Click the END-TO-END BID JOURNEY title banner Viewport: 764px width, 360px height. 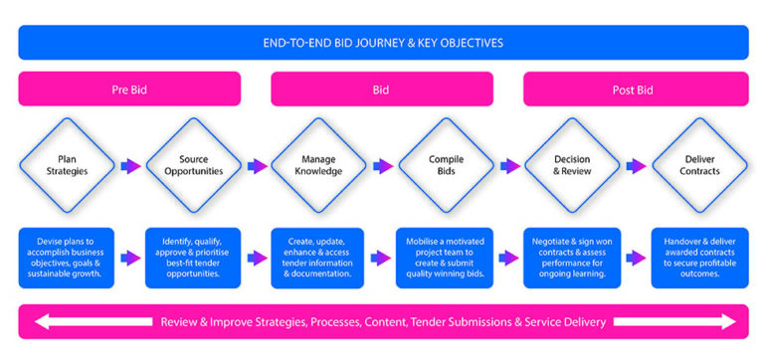[x=383, y=43]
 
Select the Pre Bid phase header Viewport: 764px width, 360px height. [x=129, y=90]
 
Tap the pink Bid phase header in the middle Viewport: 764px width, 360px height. [x=383, y=90]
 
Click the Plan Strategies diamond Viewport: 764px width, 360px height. [x=67, y=167]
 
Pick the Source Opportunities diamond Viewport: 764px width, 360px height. [x=193, y=167]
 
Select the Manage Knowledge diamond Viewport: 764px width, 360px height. [x=319, y=167]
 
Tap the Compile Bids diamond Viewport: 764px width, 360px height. [x=446, y=167]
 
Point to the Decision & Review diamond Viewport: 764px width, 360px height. [x=572, y=167]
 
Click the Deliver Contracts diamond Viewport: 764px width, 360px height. [x=698, y=167]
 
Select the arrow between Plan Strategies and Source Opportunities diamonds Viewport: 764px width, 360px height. [x=130, y=167]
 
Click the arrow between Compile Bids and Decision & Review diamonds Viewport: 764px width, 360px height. [x=509, y=167]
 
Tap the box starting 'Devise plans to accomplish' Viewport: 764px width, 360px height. [x=67, y=258]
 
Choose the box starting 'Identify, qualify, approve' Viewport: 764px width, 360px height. [x=193, y=258]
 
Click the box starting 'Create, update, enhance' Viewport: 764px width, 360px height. [x=319, y=258]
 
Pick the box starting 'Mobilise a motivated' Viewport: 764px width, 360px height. [x=446, y=258]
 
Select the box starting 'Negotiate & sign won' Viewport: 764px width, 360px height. [x=572, y=258]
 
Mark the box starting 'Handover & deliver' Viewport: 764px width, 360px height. [x=698, y=258]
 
